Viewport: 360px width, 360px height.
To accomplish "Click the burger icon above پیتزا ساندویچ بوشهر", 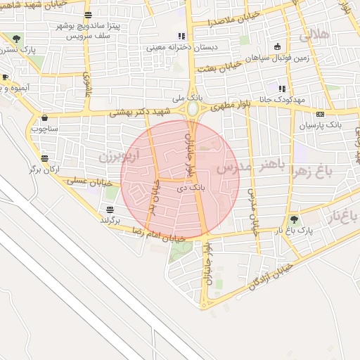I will tap(88, 15).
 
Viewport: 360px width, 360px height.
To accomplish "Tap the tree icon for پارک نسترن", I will tap(17, 39).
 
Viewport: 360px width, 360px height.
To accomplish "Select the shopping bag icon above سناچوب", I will tap(45, 117).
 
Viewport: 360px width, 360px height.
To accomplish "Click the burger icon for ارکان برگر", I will tap(45, 159).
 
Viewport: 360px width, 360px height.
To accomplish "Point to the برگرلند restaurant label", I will tap(110, 220).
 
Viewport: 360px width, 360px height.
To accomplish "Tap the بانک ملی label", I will tap(191, 96).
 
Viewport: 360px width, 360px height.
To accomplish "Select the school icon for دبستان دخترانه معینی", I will tap(181, 36).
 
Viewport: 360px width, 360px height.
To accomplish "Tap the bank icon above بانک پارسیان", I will tap(321, 114).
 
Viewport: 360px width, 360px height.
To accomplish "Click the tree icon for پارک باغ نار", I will tap(295, 219).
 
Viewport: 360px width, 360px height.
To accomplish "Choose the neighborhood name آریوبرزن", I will tap(119, 153).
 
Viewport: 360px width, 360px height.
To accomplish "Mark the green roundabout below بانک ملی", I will tap(193, 110).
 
